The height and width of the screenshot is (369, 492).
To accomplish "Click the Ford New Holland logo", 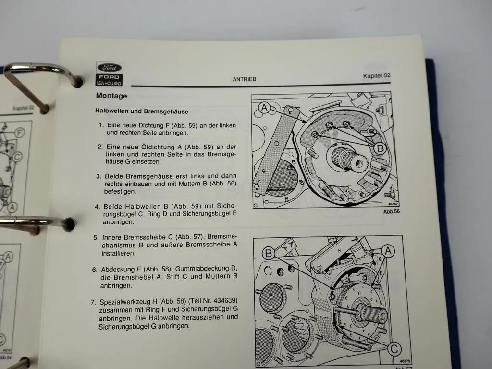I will click(110, 74).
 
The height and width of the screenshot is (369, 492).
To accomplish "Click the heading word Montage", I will click(111, 96).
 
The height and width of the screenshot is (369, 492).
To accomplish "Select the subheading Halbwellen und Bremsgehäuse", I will click(141, 111).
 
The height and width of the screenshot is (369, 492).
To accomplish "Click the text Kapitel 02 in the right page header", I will click(377, 75).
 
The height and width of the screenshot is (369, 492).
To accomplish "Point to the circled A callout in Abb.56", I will click(265, 108).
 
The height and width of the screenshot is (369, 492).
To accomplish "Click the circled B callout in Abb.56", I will click(380, 148).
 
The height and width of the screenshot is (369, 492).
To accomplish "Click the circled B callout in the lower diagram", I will click(269, 254).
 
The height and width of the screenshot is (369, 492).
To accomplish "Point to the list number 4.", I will click(97, 207).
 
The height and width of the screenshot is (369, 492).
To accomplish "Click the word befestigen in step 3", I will click(119, 191).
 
